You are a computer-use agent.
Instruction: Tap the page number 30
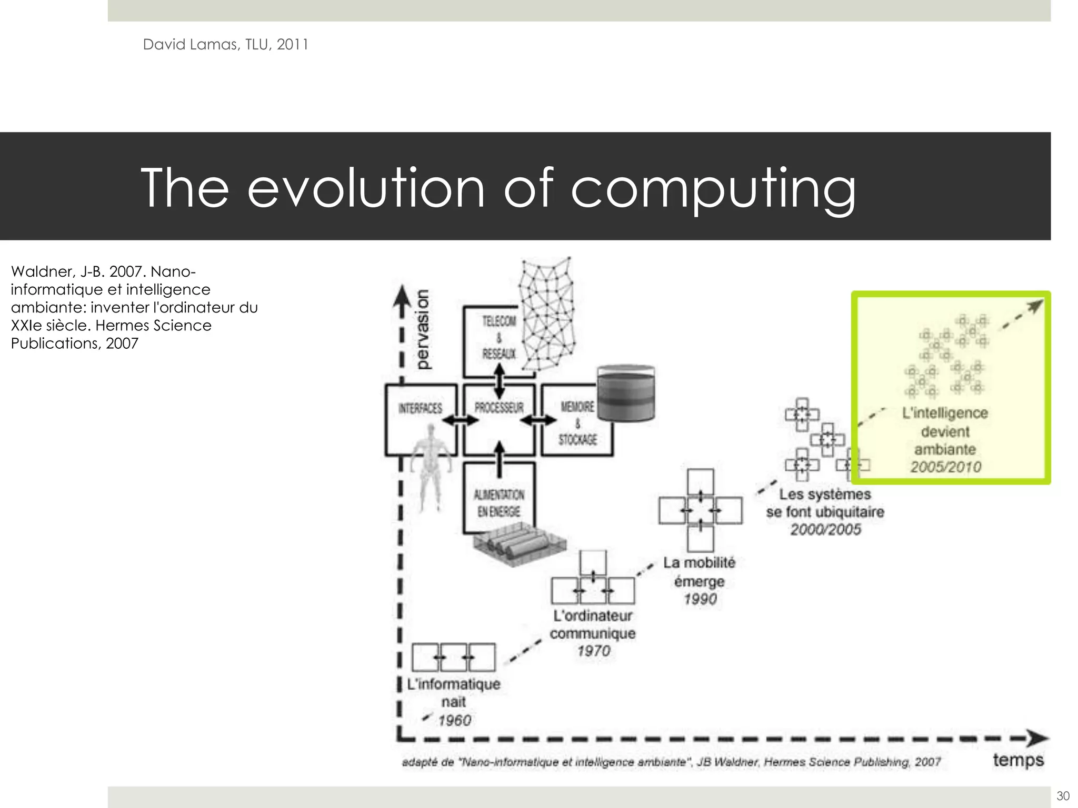point(1063,795)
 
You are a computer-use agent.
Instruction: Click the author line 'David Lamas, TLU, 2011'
point(225,45)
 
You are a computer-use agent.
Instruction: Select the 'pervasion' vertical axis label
point(422,330)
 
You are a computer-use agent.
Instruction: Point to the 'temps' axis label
point(1018,760)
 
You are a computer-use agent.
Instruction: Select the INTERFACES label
point(420,408)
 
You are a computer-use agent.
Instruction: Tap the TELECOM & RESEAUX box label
point(498,337)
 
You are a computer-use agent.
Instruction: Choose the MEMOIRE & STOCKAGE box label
point(577,423)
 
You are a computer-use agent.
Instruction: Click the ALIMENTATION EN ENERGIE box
point(498,503)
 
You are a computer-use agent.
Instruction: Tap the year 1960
point(454,720)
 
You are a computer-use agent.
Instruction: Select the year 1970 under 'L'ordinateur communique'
point(594,651)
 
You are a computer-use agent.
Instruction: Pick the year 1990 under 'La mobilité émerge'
point(700,599)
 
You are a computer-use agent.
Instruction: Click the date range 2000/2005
point(825,529)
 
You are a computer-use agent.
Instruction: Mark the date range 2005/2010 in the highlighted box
point(946,467)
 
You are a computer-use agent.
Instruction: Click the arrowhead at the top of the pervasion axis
point(402,295)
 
